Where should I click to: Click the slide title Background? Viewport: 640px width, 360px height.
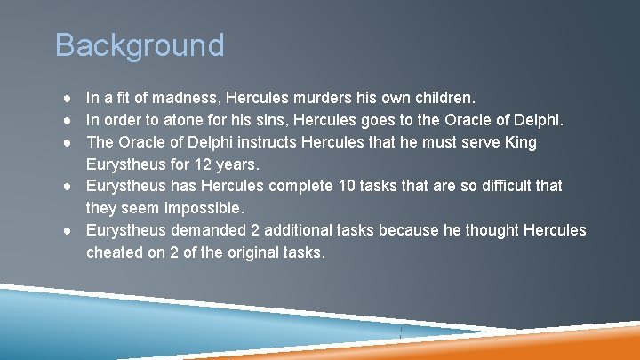140,44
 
